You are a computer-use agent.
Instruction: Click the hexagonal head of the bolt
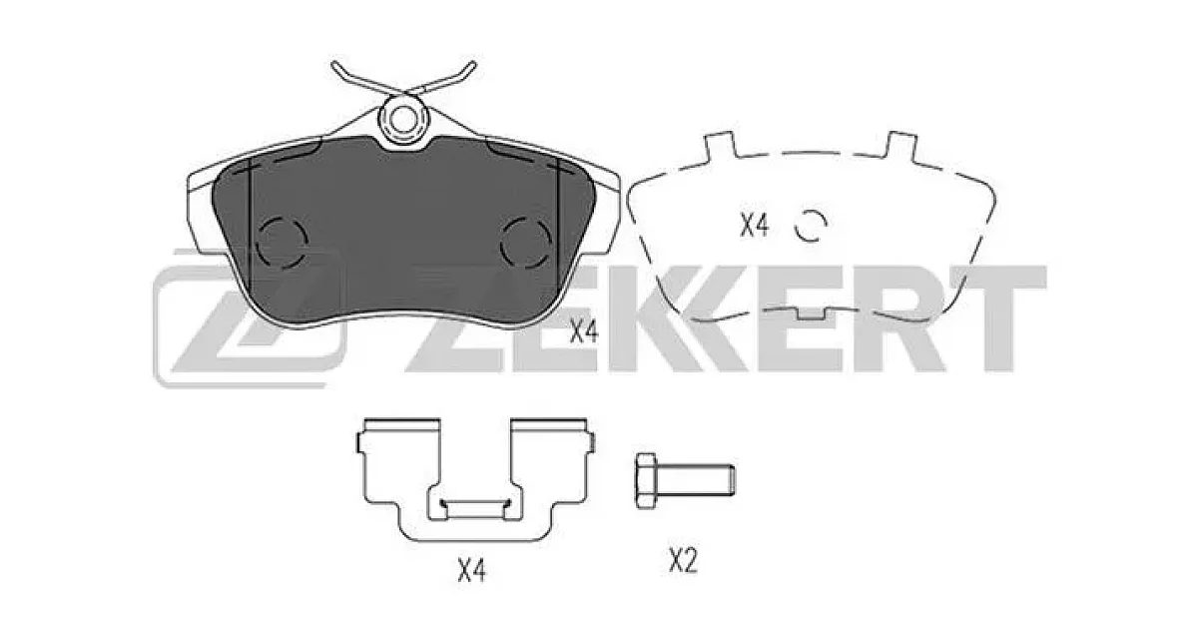646,481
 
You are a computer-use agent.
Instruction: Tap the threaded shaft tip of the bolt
733,479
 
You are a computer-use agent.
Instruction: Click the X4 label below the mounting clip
471,570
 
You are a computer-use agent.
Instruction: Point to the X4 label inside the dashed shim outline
754,225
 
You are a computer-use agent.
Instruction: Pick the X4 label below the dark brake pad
583,331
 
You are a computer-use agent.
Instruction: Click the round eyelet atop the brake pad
402,119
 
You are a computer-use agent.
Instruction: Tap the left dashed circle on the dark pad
282,242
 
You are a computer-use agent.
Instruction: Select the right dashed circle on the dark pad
526,242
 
